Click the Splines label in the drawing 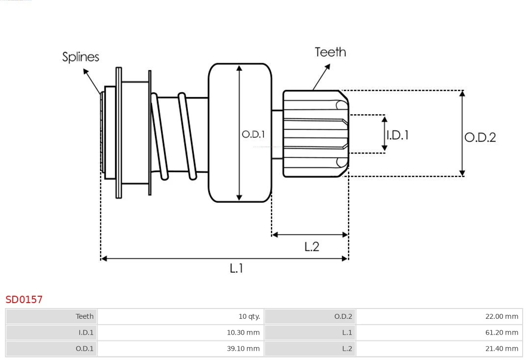pyautogui.click(x=80, y=57)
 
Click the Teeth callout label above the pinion pyautogui.click(x=330, y=52)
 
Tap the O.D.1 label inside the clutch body pyautogui.click(x=253, y=134)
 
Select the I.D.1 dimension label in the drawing pyautogui.click(x=397, y=135)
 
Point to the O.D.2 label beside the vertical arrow pyautogui.click(x=480, y=137)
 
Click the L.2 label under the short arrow pyautogui.click(x=312, y=247)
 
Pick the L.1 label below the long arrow pyautogui.click(x=236, y=268)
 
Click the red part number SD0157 pyautogui.click(x=24, y=300)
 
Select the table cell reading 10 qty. pyautogui.click(x=249, y=316)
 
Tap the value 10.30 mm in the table pyautogui.click(x=243, y=333)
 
